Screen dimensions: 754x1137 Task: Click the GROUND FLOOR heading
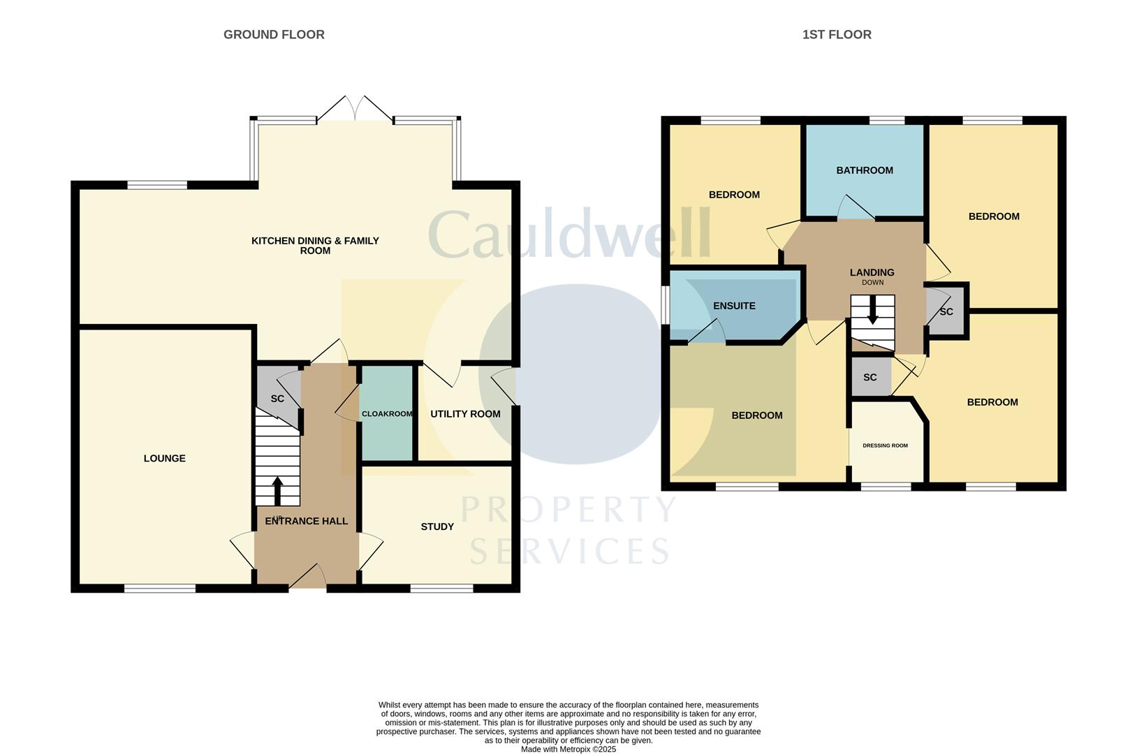point(274,34)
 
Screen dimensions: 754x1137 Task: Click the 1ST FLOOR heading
point(836,34)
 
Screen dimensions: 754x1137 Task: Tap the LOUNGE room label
point(165,459)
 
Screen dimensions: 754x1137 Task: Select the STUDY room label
point(437,526)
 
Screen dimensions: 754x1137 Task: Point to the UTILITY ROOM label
point(465,414)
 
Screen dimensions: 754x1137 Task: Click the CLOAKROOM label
point(387,414)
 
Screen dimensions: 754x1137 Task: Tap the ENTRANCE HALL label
point(306,521)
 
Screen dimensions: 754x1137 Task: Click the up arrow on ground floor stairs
point(277,490)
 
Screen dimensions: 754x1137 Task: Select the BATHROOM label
point(865,170)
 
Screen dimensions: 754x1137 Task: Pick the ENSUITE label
point(734,306)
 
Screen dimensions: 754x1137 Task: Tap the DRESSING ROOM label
point(885,445)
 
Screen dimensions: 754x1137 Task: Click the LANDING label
point(872,272)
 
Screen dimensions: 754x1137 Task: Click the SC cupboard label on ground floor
point(277,399)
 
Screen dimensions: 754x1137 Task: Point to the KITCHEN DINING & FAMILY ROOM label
point(315,245)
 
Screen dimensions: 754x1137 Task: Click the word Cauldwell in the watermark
point(569,235)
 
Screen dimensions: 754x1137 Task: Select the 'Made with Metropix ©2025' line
point(568,749)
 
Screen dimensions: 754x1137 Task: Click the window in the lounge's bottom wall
point(160,589)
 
